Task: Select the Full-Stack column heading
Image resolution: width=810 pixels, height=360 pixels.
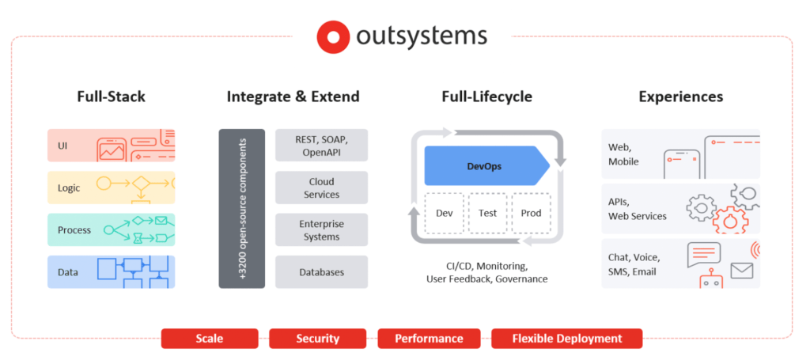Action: (x=111, y=97)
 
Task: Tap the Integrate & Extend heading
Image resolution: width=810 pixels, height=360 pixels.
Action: (x=293, y=97)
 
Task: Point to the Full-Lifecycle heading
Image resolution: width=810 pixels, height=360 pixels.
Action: (x=486, y=97)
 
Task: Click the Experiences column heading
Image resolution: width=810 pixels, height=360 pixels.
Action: (x=680, y=97)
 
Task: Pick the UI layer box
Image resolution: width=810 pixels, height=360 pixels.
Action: (x=111, y=146)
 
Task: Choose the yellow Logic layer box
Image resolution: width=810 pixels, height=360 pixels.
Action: (x=111, y=188)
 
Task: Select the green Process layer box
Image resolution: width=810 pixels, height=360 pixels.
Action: (x=111, y=229)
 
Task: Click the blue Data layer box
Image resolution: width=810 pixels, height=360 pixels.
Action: (x=111, y=271)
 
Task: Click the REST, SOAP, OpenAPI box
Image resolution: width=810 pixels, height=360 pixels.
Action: (x=321, y=146)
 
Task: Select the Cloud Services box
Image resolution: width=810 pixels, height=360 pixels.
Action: (x=321, y=188)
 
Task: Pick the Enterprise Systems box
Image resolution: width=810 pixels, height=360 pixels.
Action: (x=321, y=229)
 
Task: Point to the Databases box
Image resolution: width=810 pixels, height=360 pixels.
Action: (x=321, y=271)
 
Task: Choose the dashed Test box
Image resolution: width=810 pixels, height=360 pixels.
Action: (x=487, y=213)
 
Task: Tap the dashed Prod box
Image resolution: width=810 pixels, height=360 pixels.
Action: (x=530, y=213)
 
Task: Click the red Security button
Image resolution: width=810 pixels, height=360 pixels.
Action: (x=317, y=339)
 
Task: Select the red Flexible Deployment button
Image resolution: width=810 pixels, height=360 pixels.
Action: (x=566, y=339)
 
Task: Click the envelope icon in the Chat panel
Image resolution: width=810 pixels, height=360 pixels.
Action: (x=741, y=271)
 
